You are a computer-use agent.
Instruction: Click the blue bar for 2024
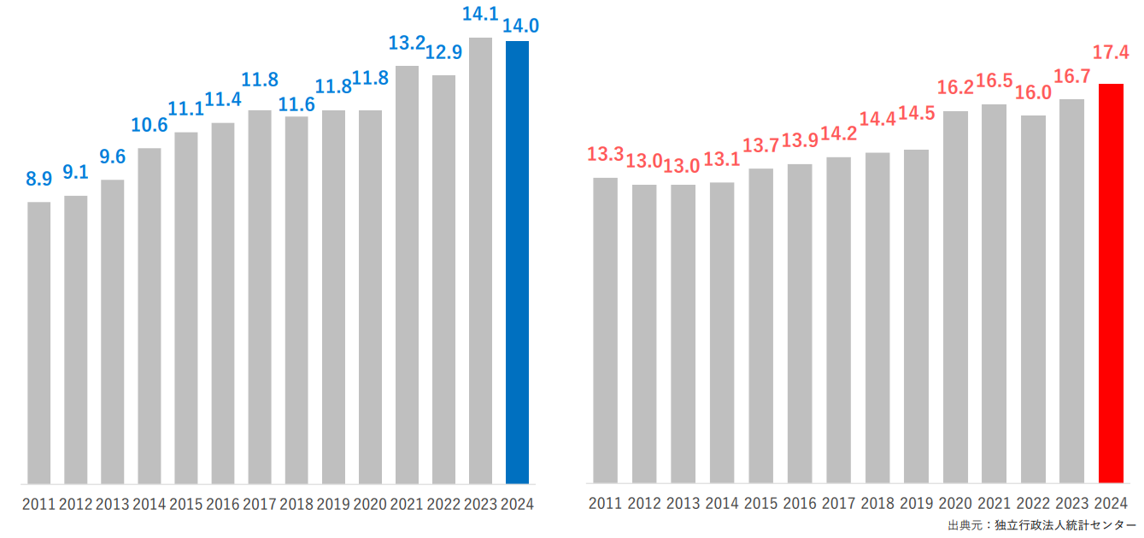(x=517, y=262)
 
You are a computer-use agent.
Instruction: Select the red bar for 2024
(x=1110, y=283)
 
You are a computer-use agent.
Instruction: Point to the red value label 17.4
(x=1111, y=53)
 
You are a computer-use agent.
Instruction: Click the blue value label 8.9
(x=39, y=179)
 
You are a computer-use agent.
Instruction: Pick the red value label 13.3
(x=605, y=155)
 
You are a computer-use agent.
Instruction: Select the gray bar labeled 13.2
(x=407, y=275)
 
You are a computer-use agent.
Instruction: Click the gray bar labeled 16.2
(x=955, y=297)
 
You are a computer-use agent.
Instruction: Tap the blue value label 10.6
(x=150, y=125)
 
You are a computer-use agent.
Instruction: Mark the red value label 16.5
(x=994, y=81)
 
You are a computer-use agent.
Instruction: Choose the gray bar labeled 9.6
(x=113, y=332)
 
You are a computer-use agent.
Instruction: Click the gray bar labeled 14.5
(x=916, y=316)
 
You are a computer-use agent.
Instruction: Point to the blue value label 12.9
(x=443, y=52)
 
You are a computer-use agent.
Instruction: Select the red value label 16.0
(x=1033, y=92)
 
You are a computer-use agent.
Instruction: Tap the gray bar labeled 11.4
(x=223, y=304)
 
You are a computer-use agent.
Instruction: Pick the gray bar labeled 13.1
(x=722, y=333)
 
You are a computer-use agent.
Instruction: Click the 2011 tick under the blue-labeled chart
(x=39, y=504)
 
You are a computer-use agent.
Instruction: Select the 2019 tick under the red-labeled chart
(x=916, y=504)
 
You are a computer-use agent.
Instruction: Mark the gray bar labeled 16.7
(x=1071, y=291)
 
